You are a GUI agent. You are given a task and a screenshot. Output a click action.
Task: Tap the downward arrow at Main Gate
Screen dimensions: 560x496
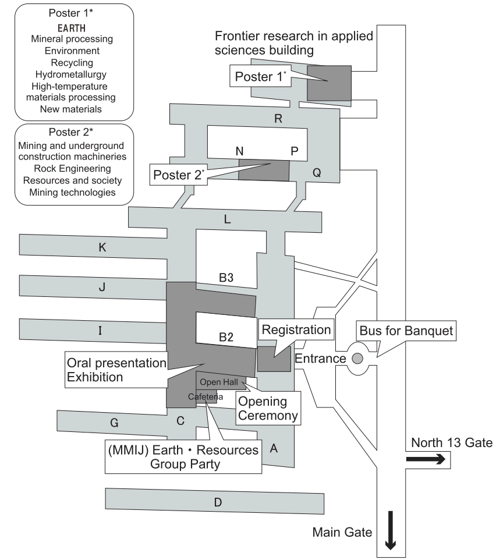click(x=390, y=530)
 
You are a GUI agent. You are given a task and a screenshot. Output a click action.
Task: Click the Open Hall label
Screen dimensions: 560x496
click(x=219, y=381)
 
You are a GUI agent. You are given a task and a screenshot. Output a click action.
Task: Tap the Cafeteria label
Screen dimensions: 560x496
click(x=202, y=396)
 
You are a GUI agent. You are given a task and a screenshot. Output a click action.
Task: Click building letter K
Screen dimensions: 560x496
click(x=102, y=247)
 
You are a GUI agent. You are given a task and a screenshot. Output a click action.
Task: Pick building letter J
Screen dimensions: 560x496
click(x=102, y=286)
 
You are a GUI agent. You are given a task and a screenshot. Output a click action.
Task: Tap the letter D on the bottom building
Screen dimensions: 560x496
click(x=217, y=503)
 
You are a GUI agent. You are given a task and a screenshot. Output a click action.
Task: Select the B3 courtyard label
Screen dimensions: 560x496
click(x=226, y=279)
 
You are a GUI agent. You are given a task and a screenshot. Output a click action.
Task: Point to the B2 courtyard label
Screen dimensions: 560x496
click(x=226, y=336)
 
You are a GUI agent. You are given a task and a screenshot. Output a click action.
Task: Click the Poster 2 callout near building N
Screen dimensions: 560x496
click(x=176, y=173)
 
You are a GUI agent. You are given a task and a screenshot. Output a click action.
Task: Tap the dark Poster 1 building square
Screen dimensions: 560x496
click(x=329, y=83)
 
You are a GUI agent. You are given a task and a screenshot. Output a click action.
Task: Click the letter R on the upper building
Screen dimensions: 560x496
click(x=278, y=119)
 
